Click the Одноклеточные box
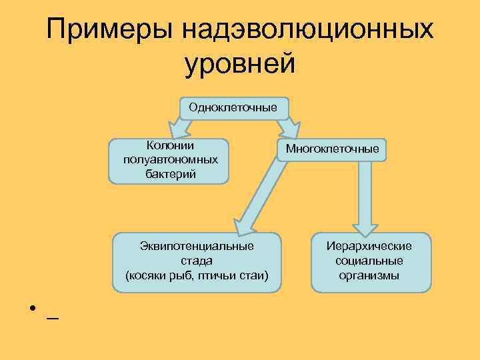(x=234, y=108)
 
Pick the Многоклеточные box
(x=332, y=149)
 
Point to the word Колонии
(x=169, y=146)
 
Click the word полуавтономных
(x=169, y=160)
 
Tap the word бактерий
(x=169, y=174)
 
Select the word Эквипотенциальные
(x=197, y=246)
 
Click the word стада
(x=197, y=260)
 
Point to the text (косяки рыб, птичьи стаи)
(x=197, y=275)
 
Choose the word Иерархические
(x=369, y=246)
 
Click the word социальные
(x=369, y=260)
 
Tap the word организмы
(x=369, y=275)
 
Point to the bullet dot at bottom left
(x=31, y=311)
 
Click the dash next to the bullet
(x=52, y=318)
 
